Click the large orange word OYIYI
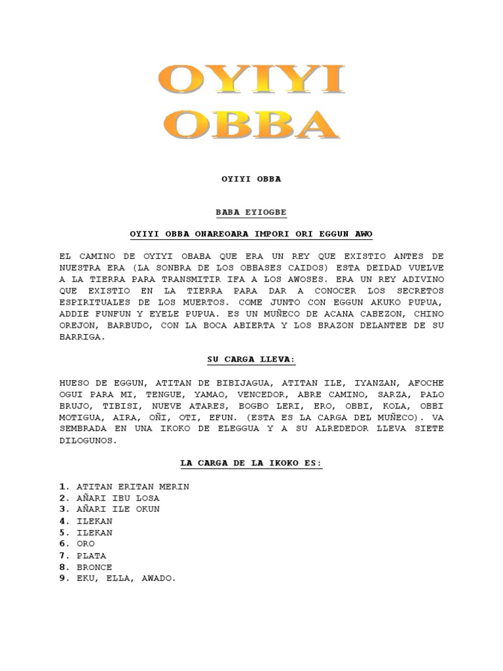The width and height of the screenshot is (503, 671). pos(252,82)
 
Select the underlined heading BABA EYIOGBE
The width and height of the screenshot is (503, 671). pos(251,213)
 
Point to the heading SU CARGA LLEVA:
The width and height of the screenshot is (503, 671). pos(251,360)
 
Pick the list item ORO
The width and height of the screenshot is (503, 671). pos(86,544)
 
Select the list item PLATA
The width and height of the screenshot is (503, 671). pos(91,556)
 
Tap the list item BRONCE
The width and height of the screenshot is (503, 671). pos(94,567)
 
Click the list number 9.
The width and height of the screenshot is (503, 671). pos(63,579)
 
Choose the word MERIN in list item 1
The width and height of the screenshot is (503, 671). pos(175,487)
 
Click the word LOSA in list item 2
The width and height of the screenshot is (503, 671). pos(145,498)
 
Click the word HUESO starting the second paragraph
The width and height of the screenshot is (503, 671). pos(74,383)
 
